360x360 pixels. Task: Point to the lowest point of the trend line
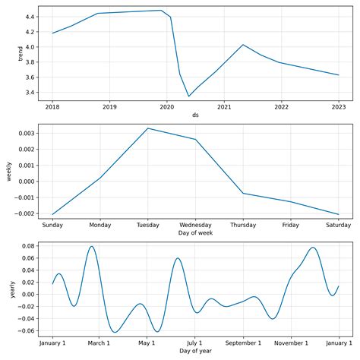click(189, 96)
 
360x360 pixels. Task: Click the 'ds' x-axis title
click(195, 115)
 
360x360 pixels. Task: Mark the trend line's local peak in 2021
click(243, 45)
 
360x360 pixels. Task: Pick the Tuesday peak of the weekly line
click(147, 128)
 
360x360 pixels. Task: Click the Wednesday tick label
click(195, 226)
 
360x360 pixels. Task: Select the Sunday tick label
click(52, 226)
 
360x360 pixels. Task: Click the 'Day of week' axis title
click(195, 235)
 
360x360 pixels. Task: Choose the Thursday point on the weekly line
click(243, 193)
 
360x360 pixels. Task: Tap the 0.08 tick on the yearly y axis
click(30, 245)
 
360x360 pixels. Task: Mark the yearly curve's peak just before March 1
click(91, 246)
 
